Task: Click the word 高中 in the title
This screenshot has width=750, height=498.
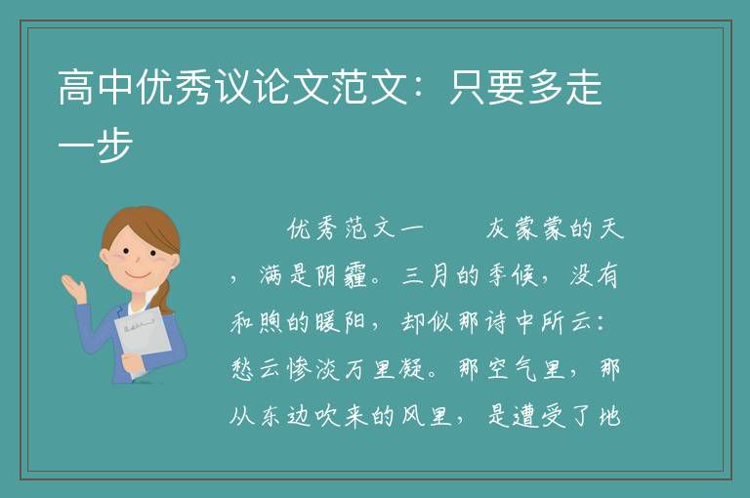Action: coord(96,87)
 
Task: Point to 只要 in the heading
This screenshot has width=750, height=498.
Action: coord(487,87)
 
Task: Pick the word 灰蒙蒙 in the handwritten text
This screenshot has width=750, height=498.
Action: coord(528,228)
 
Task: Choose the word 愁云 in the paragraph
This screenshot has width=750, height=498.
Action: coord(257,369)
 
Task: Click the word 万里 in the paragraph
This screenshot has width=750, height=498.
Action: coord(370,369)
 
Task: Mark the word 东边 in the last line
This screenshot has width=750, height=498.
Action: coord(285,416)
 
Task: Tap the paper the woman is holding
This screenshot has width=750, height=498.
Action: coord(143,337)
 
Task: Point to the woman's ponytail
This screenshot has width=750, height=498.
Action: coord(166,297)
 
